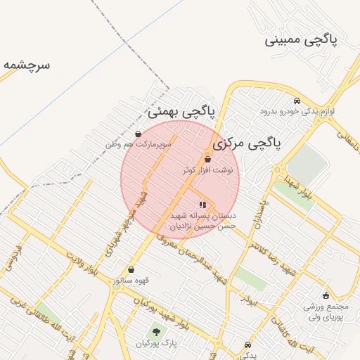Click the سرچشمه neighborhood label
click(x=27, y=65)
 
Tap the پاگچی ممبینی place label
click(x=301, y=39)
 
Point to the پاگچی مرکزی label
click(x=247, y=143)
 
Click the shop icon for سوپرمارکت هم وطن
click(x=138, y=134)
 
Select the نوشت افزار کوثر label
click(x=207, y=170)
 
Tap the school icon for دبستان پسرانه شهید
click(x=202, y=205)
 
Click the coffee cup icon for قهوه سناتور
click(x=131, y=269)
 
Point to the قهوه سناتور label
click(x=131, y=281)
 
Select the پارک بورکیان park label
click(x=155, y=344)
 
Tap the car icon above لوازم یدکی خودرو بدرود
click(x=297, y=101)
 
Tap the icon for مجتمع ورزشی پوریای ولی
click(x=325, y=295)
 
